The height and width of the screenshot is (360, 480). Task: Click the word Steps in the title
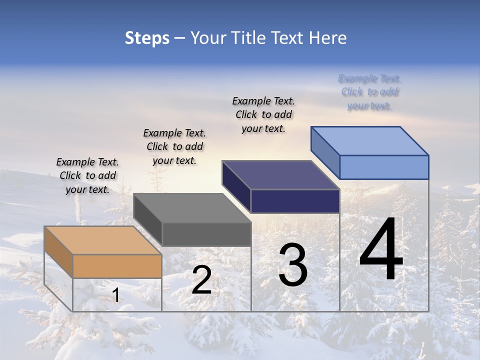(147, 38)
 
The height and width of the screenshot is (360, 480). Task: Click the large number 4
(381, 250)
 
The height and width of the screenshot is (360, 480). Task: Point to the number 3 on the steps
(293, 265)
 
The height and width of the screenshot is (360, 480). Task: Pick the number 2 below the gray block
(201, 280)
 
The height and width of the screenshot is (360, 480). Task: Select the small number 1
(115, 295)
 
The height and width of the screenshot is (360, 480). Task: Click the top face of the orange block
(102, 240)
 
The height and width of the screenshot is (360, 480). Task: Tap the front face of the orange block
(117, 266)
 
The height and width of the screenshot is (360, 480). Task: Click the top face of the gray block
(192, 208)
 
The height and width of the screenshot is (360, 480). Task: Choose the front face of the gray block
(206, 234)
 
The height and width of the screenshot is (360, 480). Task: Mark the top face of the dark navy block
(280, 175)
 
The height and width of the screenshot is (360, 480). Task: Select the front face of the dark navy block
(295, 201)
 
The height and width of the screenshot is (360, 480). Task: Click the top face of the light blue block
(369, 140)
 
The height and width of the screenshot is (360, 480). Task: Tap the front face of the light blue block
(384, 167)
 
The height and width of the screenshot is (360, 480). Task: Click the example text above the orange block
(87, 175)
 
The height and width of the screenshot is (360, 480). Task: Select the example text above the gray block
(174, 146)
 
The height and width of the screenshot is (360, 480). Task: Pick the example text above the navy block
(263, 114)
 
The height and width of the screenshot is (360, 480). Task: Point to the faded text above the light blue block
(370, 92)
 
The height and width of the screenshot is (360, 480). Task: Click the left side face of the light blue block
(325, 152)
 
